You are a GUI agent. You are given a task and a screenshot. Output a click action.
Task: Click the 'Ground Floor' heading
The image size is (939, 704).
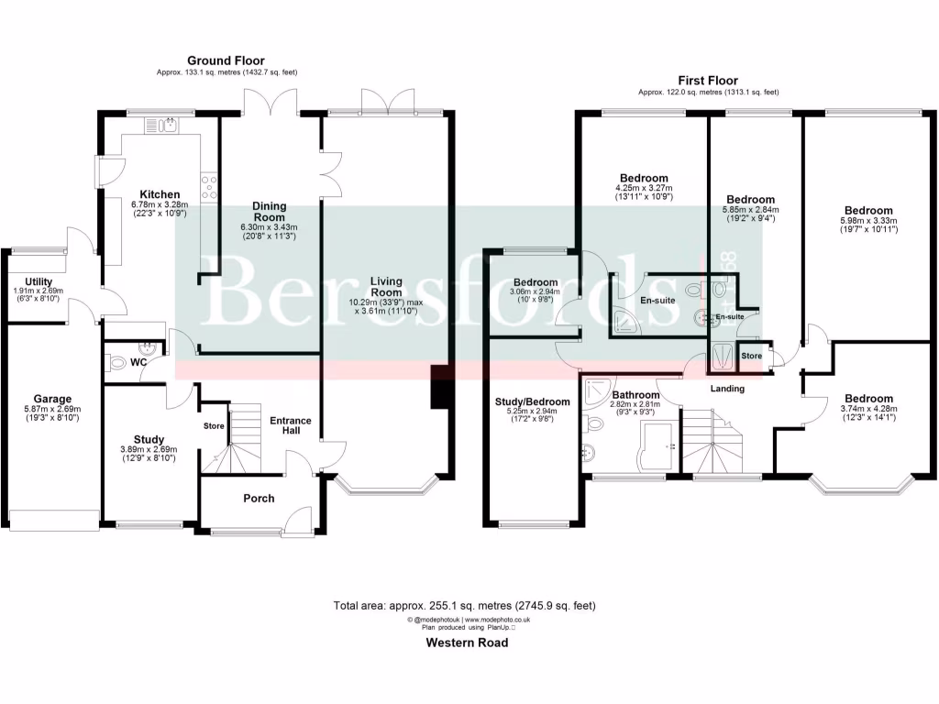tap(226, 60)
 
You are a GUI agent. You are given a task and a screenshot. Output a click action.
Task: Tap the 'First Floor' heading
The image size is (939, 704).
tap(708, 81)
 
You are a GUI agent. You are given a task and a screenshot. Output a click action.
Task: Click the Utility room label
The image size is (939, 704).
tap(39, 281)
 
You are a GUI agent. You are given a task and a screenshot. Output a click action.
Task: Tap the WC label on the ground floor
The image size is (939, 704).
tap(139, 363)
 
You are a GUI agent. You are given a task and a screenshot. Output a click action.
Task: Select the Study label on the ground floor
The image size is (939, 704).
tap(149, 439)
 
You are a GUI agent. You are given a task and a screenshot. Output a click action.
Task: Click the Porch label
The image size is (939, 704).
tap(259, 499)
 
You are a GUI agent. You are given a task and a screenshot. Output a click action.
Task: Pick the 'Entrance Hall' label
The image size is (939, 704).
tap(290, 426)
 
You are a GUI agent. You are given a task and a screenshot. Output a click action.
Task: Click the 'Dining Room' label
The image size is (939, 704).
tap(270, 212)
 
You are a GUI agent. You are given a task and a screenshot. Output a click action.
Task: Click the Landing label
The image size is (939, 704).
tap(727, 389)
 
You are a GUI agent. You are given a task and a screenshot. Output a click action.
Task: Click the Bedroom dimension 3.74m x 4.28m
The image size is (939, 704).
tap(868, 409)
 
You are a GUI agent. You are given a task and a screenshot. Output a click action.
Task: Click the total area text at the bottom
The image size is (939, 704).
tap(465, 605)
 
